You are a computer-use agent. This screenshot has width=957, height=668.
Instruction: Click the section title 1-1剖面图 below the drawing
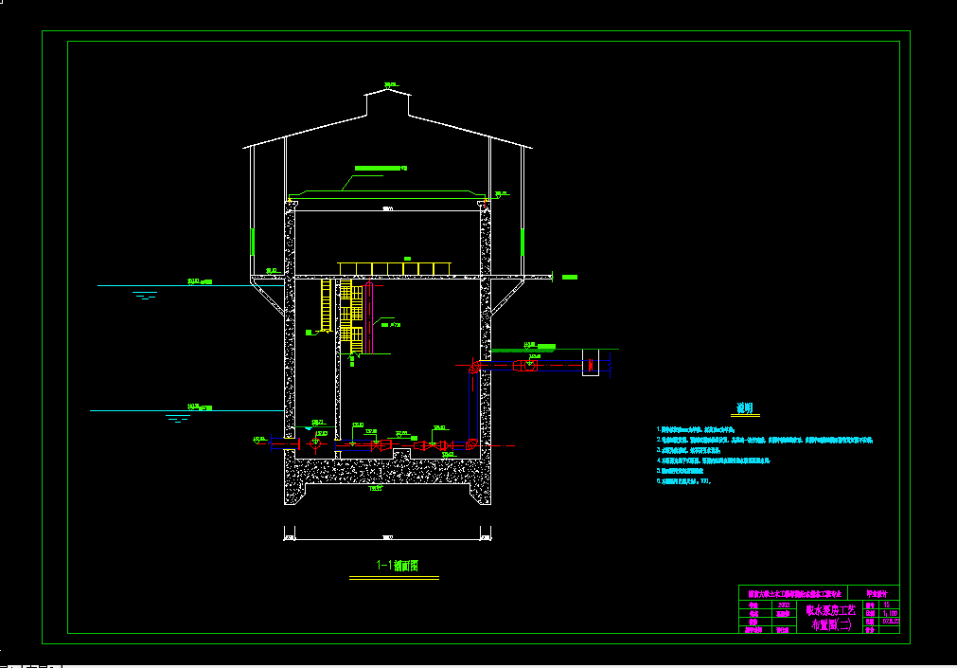[397, 566]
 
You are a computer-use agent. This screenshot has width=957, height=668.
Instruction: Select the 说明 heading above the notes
[746, 408]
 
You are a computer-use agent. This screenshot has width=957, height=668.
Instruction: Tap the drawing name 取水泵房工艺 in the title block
[829, 610]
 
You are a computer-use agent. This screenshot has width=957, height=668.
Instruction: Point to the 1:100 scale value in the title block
[889, 613]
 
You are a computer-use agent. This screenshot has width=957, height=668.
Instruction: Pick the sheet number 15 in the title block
[886, 604]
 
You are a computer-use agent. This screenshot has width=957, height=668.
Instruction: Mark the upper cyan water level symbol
[145, 296]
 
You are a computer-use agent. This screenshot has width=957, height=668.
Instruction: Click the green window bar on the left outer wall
[252, 241]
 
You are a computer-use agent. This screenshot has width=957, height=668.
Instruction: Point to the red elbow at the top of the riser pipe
[472, 367]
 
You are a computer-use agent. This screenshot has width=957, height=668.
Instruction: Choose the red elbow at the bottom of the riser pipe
[471, 443]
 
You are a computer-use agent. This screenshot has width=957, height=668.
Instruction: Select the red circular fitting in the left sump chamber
[315, 444]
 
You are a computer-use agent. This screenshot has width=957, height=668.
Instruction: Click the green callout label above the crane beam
[380, 168]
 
